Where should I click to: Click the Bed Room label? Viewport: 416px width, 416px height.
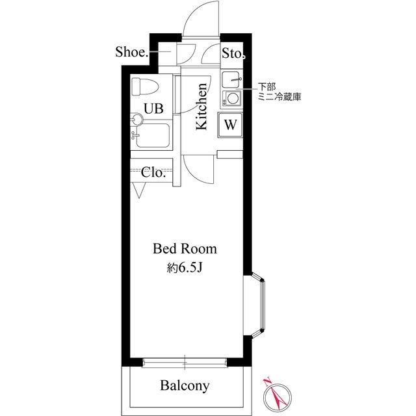pyautogui.click(x=185, y=249)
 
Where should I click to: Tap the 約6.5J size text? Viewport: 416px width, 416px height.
pyautogui.click(x=185, y=268)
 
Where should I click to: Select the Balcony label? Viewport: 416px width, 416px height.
pyautogui.click(x=185, y=385)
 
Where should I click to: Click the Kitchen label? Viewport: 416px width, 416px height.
pyautogui.click(x=201, y=107)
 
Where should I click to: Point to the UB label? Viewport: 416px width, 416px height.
pyautogui.click(x=153, y=109)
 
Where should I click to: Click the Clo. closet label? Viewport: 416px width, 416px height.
pyautogui.click(x=153, y=173)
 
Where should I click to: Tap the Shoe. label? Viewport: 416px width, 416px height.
pyautogui.click(x=131, y=52)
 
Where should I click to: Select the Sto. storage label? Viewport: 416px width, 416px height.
pyautogui.click(x=233, y=53)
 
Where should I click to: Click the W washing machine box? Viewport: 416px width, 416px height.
pyautogui.click(x=230, y=125)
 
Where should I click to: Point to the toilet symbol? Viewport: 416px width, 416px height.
pyautogui.click(x=144, y=86)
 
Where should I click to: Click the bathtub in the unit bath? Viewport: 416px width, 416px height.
pyautogui.click(x=153, y=136)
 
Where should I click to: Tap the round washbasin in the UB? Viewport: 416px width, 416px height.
pyautogui.click(x=137, y=120)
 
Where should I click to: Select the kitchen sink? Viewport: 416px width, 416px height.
pyautogui.click(x=231, y=79)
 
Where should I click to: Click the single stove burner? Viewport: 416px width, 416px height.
pyautogui.click(x=233, y=99)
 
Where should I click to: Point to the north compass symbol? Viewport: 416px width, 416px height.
pyautogui.click(x=278, y=396)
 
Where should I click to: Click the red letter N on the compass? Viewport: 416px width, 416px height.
pyautogui.click(x=267, y=382)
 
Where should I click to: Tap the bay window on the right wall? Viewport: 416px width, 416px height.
pyautogui.click(x=257, y=305)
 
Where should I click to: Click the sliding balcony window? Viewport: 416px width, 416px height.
pyautogui.click(x=185, y=363)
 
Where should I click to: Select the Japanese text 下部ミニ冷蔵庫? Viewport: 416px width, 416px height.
pyautogui.click(x=279, y=92)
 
